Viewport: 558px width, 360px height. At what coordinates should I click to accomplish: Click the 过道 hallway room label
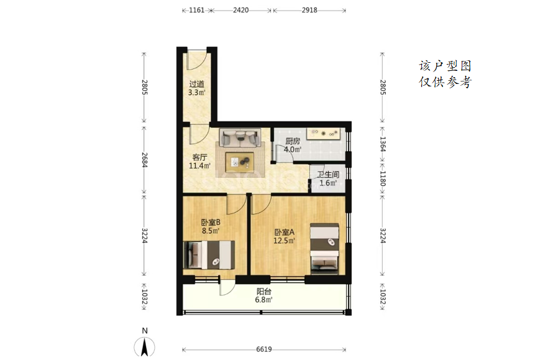pos(196,85)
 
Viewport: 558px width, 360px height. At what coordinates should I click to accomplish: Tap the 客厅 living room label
pos(199,157)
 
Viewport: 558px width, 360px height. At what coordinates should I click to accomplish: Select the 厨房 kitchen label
pos(293,141)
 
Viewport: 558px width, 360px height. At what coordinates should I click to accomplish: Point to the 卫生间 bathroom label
pos(328,175)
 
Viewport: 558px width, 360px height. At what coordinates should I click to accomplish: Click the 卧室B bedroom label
pos(211,223)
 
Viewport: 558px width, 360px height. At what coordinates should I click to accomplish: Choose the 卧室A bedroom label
pos(285,233)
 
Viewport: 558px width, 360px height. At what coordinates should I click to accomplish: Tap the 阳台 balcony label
pos(263,292)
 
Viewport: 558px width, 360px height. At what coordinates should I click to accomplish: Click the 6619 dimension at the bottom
pos(264,349)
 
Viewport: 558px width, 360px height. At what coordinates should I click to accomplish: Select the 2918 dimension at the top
pos(309,10)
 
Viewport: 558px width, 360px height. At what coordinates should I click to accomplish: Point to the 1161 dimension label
pos(196,10)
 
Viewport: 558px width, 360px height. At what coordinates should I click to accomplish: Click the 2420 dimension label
pos(241,10)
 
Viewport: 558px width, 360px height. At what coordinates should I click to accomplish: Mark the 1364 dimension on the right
pos(383,144)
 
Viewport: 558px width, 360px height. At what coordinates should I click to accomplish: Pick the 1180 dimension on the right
pos(383,178)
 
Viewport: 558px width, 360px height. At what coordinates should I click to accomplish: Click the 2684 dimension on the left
pos(145,160)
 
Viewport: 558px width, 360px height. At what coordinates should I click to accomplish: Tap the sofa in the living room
pos(240,138)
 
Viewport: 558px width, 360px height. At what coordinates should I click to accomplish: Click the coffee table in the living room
pos(239,162)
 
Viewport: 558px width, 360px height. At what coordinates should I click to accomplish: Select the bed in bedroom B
pos(209,254)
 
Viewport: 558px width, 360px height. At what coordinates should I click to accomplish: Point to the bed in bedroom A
pos(324,249)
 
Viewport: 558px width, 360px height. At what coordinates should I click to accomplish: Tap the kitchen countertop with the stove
pos(324,134)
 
